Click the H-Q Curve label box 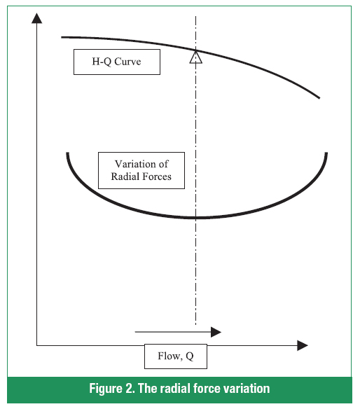pyautogui.click(x=117, y=62)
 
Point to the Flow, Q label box pyautogui.click(x=176, y=356)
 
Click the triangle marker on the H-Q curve pyautogui.click(x=195, y=57)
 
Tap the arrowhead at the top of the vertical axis pyautogui.click(x=37, y=18)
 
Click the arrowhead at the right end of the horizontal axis pyautogui.click(x=303, y=345)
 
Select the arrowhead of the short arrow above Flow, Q pyautogui.click(x=216, y=332)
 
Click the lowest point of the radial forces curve pyautogui.click(x=195, y=217)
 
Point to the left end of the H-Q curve pyautogui.click(x=62, y=37)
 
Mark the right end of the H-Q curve pyautogui.click(x=319, y=98)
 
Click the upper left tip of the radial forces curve pyautogui.click(x=67, y=153)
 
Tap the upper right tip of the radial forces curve pyautogui.click(x=326, y=153)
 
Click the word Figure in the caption pyautogui.click(x=106, y=389)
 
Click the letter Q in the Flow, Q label pyautogui.click(x=190, y=356)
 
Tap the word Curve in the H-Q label pyautogui.click(x=127, y=62)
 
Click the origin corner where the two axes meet pyautogui.click(x=37, y=345)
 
